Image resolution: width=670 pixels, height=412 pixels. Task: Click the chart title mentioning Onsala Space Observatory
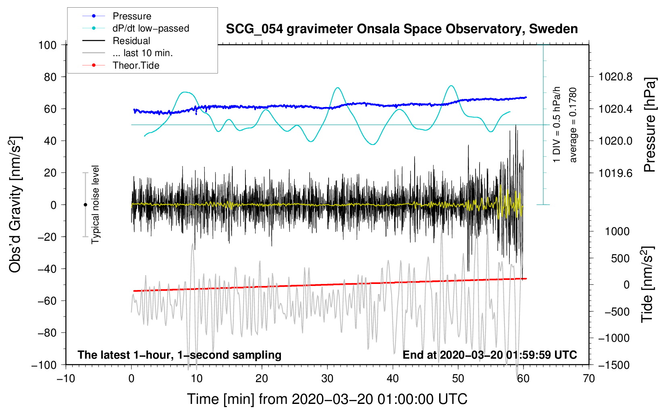(402, 29)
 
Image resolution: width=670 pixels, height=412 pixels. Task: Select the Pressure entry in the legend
(132, 16)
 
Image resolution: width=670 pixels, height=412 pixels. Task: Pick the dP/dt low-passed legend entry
(151, 28)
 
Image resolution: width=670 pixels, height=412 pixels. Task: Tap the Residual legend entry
(131, 41)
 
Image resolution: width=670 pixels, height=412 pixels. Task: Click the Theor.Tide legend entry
(136, 65)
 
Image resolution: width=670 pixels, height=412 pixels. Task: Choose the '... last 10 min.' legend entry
(142, 53)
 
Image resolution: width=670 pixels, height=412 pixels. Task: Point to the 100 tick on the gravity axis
(47, 45)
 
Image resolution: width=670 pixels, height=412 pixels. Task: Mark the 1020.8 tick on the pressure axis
(615, 77)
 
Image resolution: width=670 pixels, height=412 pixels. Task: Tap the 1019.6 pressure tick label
(615, 173)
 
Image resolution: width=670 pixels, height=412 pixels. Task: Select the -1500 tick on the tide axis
(614, 365)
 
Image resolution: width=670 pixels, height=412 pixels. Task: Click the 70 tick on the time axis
(589, 378)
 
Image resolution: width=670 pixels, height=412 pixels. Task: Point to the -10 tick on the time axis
(66, 378)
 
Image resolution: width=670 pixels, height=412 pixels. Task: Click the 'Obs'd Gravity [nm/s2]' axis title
(15, 204)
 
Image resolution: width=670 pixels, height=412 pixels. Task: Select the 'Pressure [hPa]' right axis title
(649, 125)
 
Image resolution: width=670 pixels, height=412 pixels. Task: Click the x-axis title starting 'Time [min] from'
(327, 399)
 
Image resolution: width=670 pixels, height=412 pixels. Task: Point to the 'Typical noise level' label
(95, 204)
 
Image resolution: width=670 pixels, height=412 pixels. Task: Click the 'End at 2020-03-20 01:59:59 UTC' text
(490, 355)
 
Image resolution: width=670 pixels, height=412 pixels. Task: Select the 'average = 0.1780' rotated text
(573, 125)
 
